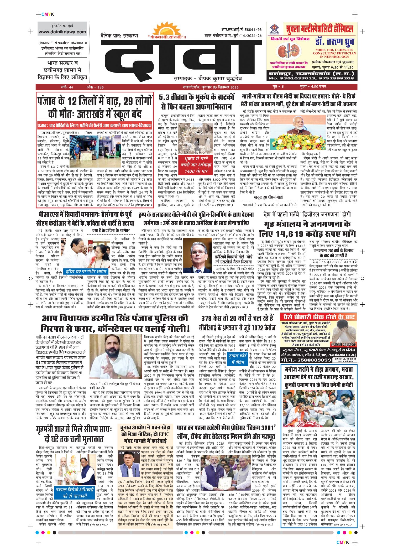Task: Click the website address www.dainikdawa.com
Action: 62,32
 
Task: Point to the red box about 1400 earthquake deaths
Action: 196,165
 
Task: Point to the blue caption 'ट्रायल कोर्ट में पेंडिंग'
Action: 238,358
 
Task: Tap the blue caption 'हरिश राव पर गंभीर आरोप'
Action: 86,271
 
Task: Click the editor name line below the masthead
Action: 207,78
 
